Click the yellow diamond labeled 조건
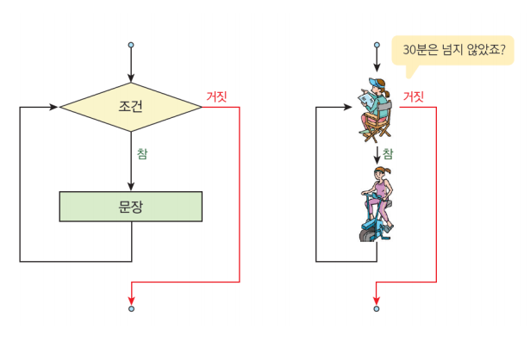(131, 107)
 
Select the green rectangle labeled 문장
(131, 207)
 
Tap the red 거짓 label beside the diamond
(216, 96)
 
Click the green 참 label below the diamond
(142, 153)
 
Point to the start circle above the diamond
(131, 45)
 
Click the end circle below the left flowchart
(132, 308)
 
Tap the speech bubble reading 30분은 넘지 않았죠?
(452, 51)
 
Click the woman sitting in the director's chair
(375, 110)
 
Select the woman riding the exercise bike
(377, 204)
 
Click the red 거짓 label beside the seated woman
(414, 96)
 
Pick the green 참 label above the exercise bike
(388, 153)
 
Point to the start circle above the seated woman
(377, 45)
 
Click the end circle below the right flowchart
(377, 308)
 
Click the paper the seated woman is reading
(365, 101)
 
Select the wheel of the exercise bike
(367, 236)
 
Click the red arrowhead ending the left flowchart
(132, 301)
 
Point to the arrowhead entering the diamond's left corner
(54, 107)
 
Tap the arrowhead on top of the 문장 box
(131, 187)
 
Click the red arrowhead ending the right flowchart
(377, 301)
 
